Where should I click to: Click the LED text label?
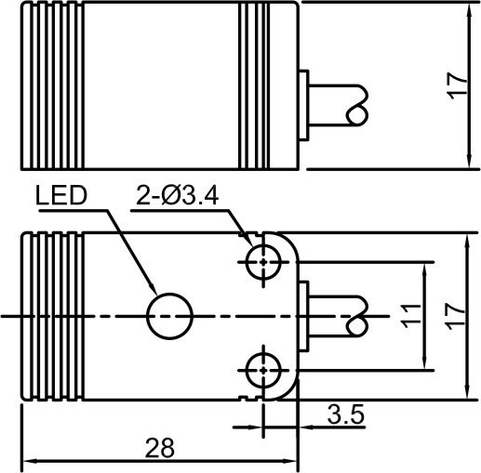click(60, 195)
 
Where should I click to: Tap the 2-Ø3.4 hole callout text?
click(178, 195)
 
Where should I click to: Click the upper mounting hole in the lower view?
click(263, 261)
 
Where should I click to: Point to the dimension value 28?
click(159, 448)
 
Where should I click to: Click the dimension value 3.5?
click(345, 414)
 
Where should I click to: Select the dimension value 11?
click(410, 316)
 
